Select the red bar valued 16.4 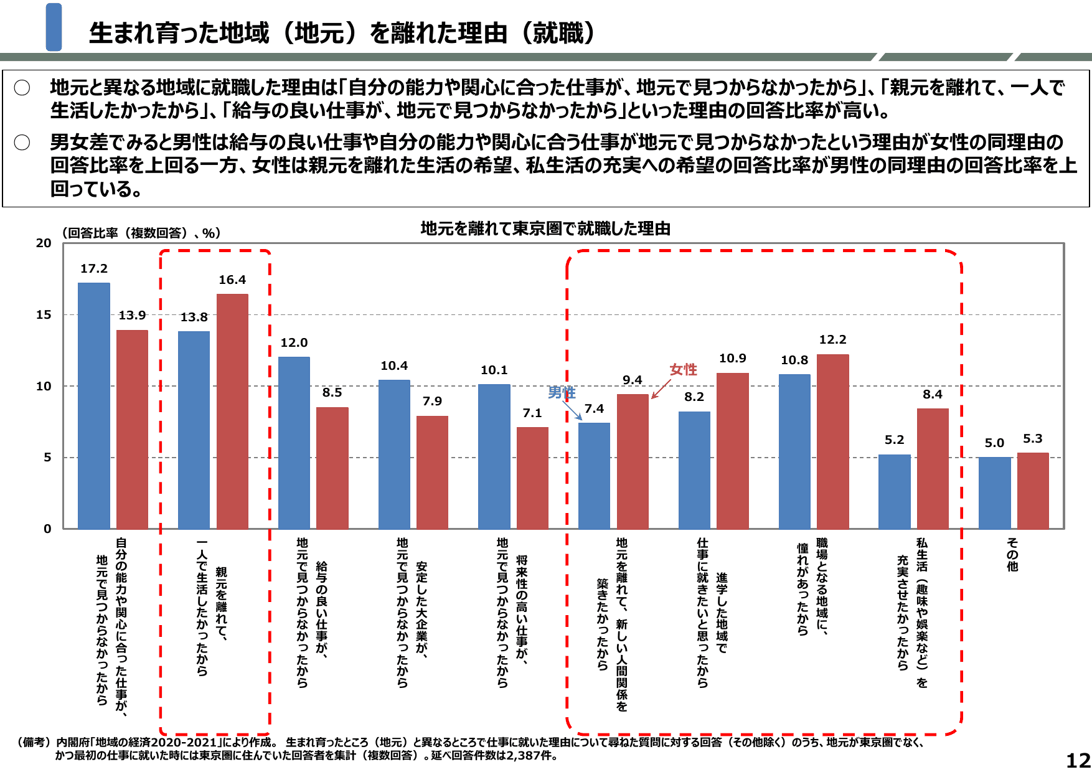232,411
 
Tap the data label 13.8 194,318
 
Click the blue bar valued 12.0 294,443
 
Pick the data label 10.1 494,370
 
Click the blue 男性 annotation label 561,393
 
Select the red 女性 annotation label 683,370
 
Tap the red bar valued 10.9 732,451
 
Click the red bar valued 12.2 832,441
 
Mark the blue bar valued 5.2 894,491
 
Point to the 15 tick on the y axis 44,315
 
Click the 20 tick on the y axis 44,243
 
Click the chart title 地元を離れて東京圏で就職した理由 545,228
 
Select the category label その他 1012,554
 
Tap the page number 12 1078,760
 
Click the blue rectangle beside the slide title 54,27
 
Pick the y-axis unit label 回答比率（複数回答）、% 141,233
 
